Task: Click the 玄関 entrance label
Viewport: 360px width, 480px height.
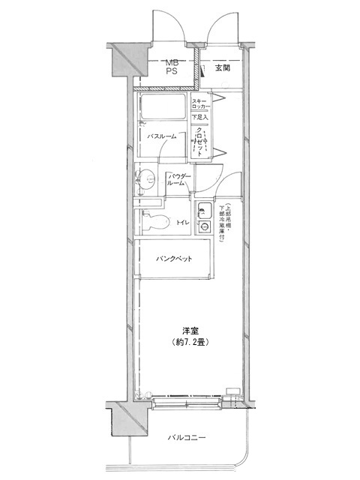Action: (x=222, y=68)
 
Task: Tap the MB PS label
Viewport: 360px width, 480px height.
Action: (x=171, y=68)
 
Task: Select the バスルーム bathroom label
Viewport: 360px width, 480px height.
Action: (x=161, y=136)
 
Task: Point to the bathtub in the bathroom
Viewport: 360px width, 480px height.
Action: (x=162, y=111)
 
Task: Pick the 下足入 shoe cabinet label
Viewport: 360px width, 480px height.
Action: (x=199, y=118)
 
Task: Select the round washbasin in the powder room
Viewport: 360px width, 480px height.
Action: (x=147, y=178)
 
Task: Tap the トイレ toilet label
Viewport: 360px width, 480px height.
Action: (x=182, y=223)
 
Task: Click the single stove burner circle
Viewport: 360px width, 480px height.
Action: (x=204, y=226)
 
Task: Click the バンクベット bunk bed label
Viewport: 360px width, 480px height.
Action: (x=173, y=259)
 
